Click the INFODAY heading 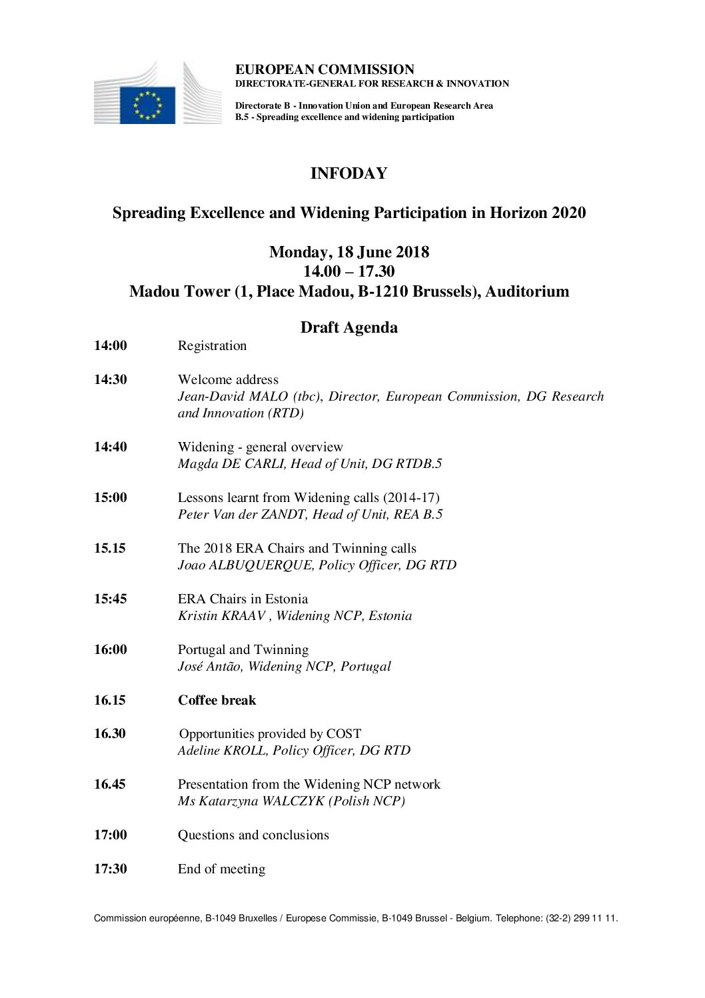click(349, 173)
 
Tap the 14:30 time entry click(111, 379)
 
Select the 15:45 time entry click(111, 599)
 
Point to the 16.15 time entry click(110, 700)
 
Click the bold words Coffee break click(217, 700)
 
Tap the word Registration click(212, 345)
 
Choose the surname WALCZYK click(286, 801)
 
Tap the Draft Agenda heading click(349, 327)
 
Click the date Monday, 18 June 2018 click(349, 253)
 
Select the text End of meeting click(221, 869)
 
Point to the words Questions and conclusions click(253, 835)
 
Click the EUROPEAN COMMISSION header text click(325, 69)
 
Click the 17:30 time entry click(111, 869)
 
